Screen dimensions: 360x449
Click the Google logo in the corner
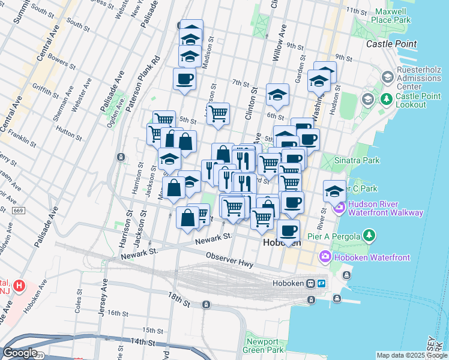[x=20, y=352]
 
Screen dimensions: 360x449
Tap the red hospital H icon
[x=20, y=285]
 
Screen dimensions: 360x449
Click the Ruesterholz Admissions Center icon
[x=387, y=77]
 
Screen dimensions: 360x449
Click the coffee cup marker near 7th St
[x=184, y=78]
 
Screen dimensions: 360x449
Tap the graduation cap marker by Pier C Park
[x=334, y=191]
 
